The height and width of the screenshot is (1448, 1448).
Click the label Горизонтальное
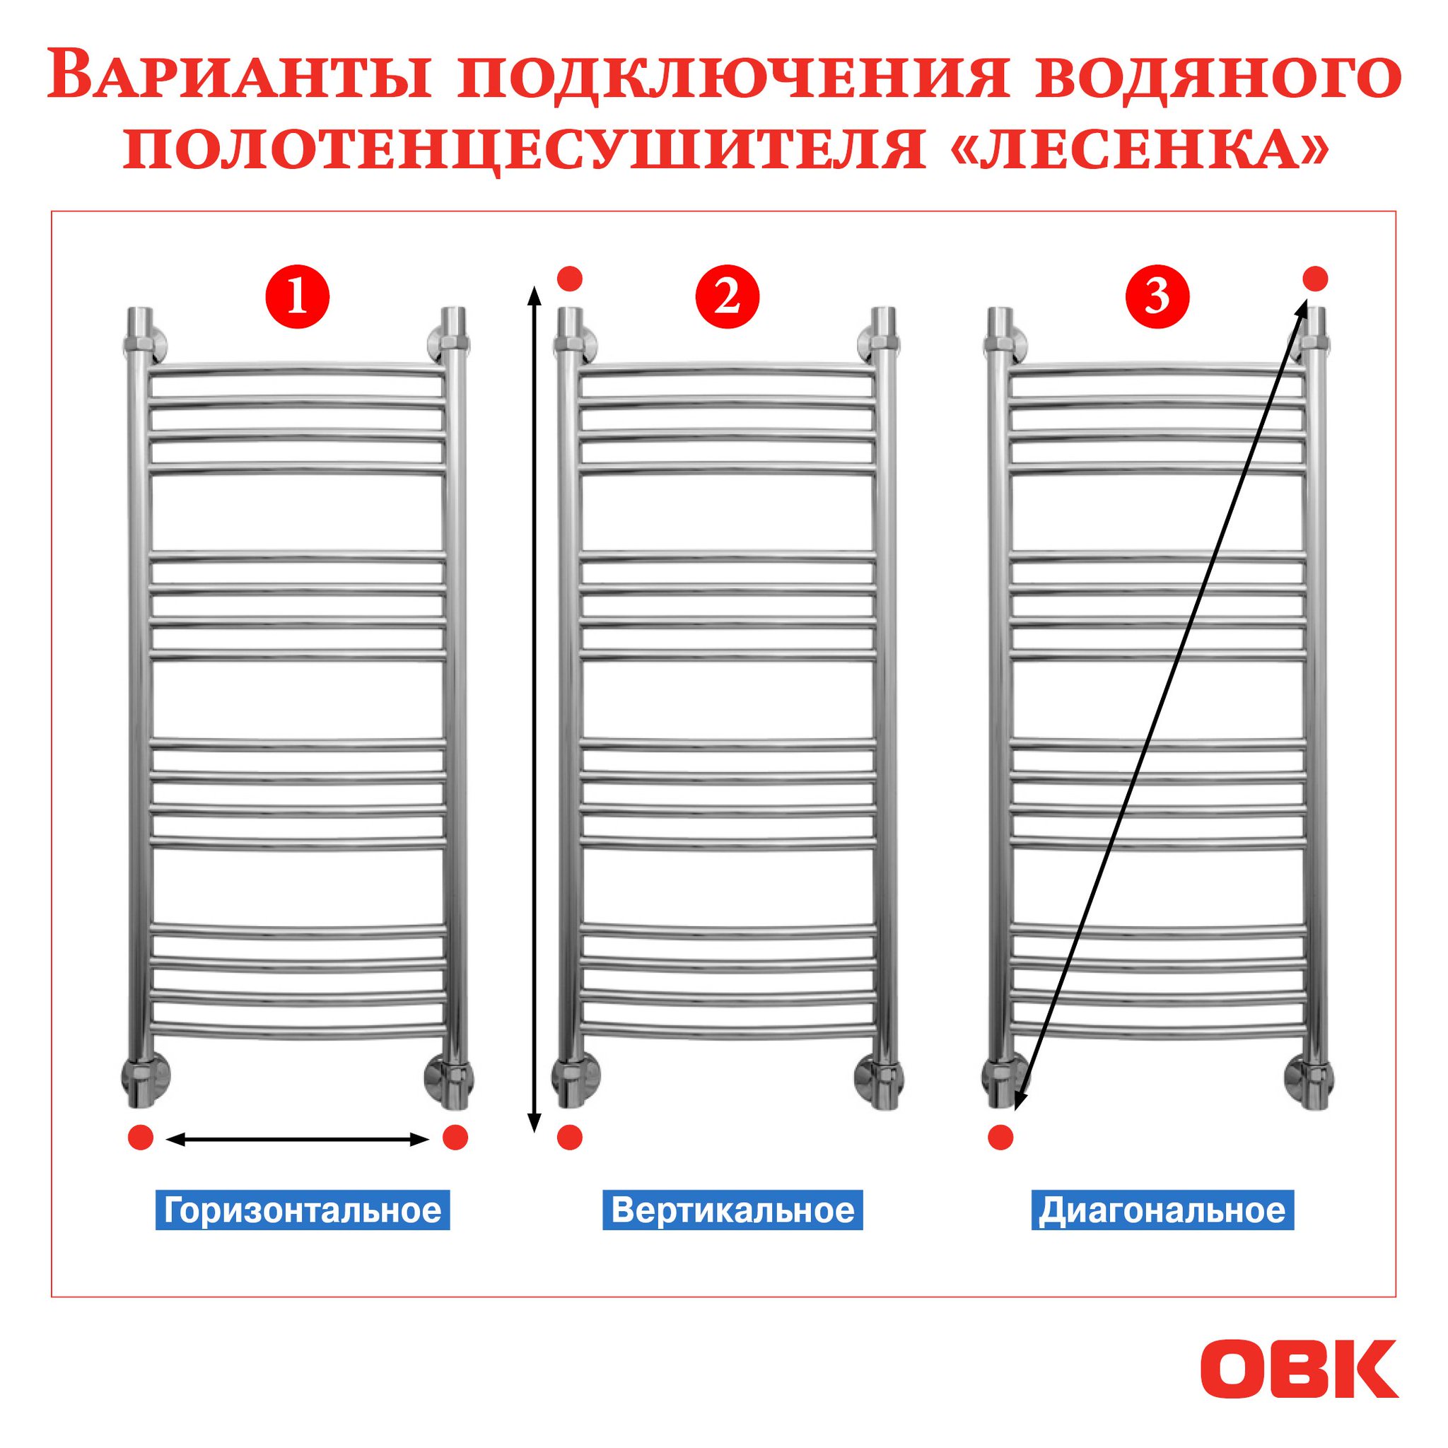coord(303,1210)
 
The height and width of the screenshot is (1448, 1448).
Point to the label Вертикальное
coord(732,1210)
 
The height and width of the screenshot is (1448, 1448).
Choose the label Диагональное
coord(1162,1210)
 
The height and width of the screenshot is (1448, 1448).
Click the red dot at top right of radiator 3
coord(1315,279)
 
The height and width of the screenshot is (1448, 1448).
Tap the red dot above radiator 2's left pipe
coord(570,279)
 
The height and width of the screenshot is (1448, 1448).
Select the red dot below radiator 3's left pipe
coord(1000,1138)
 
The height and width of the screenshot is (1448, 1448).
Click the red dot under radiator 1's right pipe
coord(455,1138)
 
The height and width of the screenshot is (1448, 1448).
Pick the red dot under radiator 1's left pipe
coord(141,1138)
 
